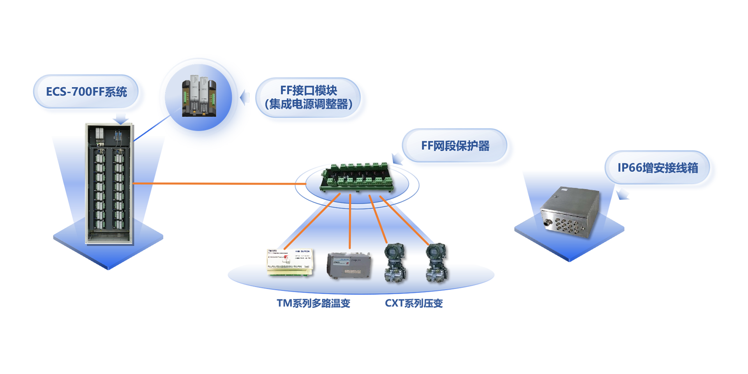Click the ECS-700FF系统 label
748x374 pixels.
point(86,92)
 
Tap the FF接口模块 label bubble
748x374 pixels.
point(309,97)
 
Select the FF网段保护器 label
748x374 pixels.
point(455,146)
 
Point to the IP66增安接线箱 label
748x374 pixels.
point(658,168)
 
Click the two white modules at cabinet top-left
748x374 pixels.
point(99,133)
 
